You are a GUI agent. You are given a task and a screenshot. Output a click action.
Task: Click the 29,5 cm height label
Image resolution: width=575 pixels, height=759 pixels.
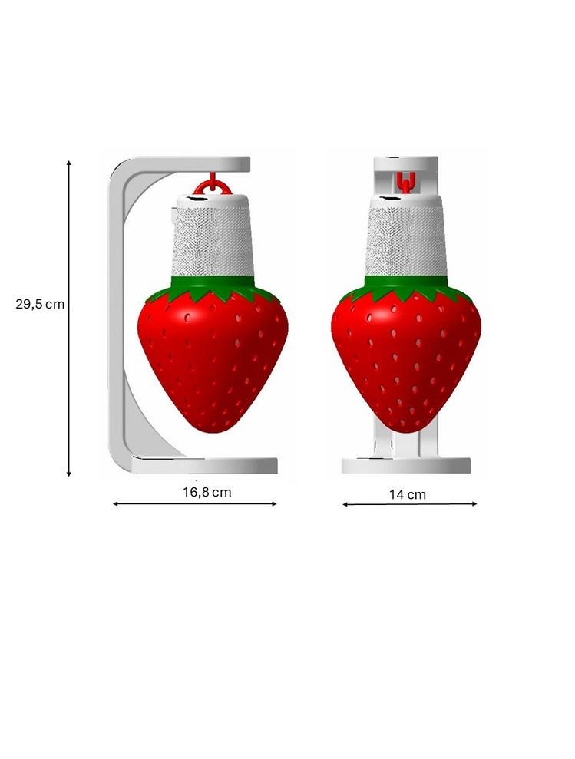tap(40, 304)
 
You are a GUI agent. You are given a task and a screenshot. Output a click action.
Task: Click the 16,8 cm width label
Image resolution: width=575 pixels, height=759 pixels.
tap(207, 492)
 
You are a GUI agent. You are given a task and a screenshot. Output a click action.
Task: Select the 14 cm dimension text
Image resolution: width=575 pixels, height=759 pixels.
tap(408, 495)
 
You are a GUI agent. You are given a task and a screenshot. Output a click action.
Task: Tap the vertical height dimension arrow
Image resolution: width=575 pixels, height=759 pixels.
tap(69, 318)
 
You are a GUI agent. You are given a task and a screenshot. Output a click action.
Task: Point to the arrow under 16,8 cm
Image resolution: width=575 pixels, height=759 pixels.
tap(195, 504)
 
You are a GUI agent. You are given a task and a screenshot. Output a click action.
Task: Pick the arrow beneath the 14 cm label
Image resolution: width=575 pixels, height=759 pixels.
tap(410, 504)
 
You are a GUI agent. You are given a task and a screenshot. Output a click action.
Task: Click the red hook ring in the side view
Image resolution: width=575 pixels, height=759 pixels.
tap(210, 186)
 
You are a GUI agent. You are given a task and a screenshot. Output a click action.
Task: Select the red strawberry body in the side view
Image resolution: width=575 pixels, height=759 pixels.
tap(213, 358)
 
